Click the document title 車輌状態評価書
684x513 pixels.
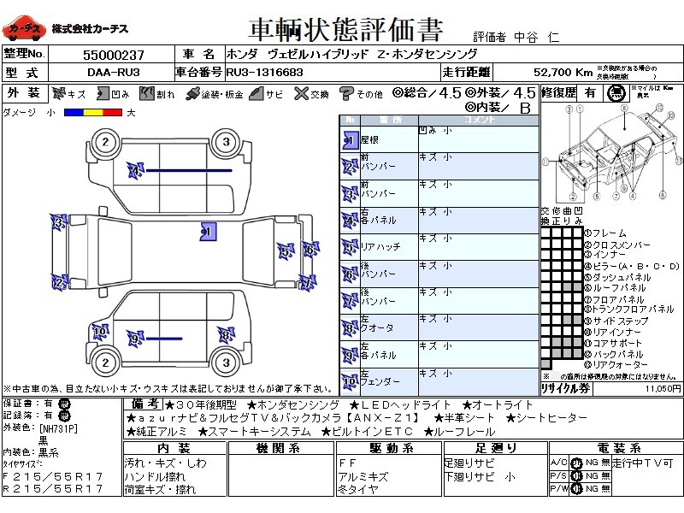(345, 31)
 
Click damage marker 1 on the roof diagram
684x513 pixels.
(206, 230)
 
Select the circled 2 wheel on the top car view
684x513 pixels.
(105, 143)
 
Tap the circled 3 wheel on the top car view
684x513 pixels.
(225, 143)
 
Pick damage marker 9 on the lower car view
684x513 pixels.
(134, 339)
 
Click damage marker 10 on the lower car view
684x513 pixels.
(100, 331)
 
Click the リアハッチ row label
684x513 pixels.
(380, 247)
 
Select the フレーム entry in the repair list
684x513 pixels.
(608, 233)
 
